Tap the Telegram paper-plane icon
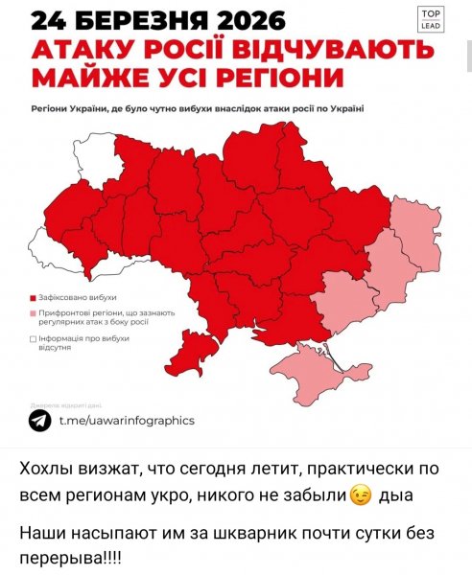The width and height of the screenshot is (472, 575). tap(40, 421)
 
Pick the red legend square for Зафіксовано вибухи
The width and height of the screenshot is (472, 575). tap(34, 298)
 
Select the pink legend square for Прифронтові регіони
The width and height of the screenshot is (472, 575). tap(34, 314)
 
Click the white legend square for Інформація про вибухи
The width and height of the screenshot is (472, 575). tap(34, 339)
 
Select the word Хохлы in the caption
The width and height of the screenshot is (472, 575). tap(47, 469)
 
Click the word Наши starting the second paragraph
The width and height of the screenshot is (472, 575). tap(42, 530)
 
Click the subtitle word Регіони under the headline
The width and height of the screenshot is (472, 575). tap(53, 109)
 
